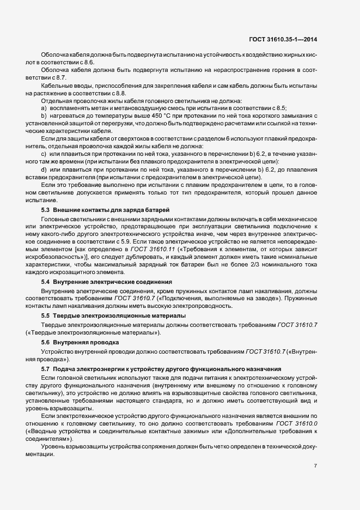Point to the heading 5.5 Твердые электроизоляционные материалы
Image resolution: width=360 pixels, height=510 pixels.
pyautogui.click(x=113, y=316)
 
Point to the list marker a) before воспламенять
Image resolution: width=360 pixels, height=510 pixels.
pyautogui.click(x=44, y=108)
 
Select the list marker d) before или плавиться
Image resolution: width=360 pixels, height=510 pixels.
pyautogui.click(x=44, y=169)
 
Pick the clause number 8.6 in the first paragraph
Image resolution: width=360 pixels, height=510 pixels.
pyautogui.click(x=89, y=63)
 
